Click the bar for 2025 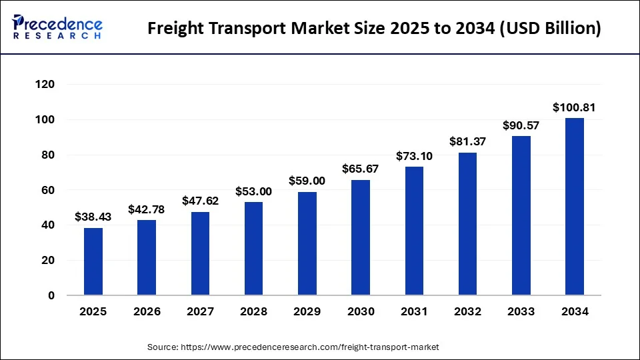(93, 261)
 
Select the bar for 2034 (575, 207)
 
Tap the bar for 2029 (307, 243)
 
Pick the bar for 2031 (414, 231)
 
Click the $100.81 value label (574, 107)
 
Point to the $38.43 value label (93, 217)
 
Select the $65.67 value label (361, 169)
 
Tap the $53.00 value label (254, 191)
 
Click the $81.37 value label (467, 141)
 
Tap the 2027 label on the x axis (200, 311)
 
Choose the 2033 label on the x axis (521, 311)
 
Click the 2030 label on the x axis (361, 311)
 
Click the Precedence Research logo (57, 27)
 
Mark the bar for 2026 (147, 257)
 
